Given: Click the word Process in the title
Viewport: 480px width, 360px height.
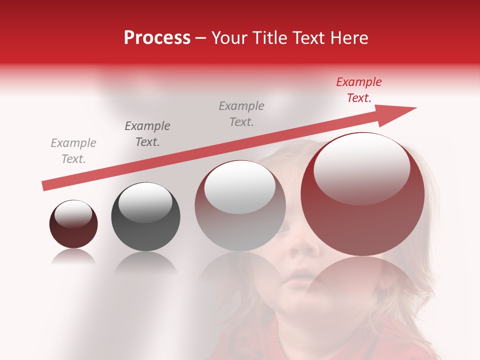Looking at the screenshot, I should pyautogui.click(x=157, y=38).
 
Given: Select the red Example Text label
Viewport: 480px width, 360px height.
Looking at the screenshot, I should pyautogui.click(x=358, y=90).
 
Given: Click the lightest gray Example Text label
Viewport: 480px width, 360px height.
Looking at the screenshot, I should pyautogui.click(x=73, y=151).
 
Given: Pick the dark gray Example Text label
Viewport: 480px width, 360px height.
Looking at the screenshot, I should pyautogui.click(x=147, y=134).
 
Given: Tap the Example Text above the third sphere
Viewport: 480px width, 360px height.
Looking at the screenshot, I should pyautogui.click(x=241, y=114).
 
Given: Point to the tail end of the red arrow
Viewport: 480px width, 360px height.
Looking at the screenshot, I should pyautogui.click(x=46, y=185).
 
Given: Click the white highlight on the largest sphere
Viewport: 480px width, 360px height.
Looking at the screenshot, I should pyautogui.click(x=361, y=169).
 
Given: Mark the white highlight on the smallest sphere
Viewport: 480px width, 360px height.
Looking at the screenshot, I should pyautogui.click(x=73, y=213).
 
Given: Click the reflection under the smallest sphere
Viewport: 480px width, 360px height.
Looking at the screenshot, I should pyautogui.click(x=73, y=257).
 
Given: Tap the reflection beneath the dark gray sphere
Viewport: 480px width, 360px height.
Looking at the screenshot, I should pyautogui.click(x=145, y=262).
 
